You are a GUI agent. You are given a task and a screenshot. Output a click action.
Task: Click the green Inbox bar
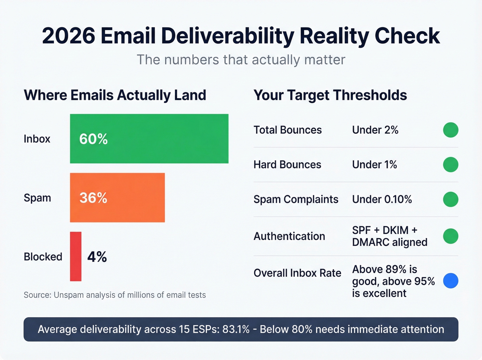[x=149, y=138]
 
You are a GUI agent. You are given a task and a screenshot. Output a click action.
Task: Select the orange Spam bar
[x=117, y=197]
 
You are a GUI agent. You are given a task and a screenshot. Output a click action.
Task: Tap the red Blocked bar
[x=76, y=256]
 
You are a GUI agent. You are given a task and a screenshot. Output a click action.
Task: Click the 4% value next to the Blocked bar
[x=97, y=257]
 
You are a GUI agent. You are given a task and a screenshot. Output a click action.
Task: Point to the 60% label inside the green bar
[x=93, y=139]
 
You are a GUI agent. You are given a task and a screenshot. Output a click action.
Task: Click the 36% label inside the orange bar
[x=93, y=198]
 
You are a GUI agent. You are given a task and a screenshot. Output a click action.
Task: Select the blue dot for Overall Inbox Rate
[x=450, y=280]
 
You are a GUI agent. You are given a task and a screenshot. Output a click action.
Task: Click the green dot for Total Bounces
[x=450, y=130]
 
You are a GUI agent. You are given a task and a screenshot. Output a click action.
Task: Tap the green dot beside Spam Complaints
[x=450, y=199]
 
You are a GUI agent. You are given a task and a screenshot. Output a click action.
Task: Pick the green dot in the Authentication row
[x=450, y=236]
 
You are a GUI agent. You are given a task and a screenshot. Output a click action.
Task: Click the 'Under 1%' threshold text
[x=374, y=165]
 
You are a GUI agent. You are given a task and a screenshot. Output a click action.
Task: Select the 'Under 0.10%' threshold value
[x=382, y=199]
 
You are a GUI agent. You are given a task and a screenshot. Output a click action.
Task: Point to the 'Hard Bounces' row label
[x=287, y=165]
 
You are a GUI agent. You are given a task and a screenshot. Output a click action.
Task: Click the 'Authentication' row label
[x=289, y=236]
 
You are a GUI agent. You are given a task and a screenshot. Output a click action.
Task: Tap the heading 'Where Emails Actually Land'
[x=115, y=95]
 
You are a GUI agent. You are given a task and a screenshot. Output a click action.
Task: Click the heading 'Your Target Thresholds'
[x=330, y=95]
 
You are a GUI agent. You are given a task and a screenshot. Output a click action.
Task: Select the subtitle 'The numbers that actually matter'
[x=241, y=60]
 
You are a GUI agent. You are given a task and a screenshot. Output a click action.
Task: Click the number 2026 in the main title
[x=69, y=36]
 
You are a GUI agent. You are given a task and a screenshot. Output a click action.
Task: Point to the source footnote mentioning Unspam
[x=115, y=295]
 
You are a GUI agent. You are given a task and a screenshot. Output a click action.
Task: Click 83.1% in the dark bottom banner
[x=236, y=329]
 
